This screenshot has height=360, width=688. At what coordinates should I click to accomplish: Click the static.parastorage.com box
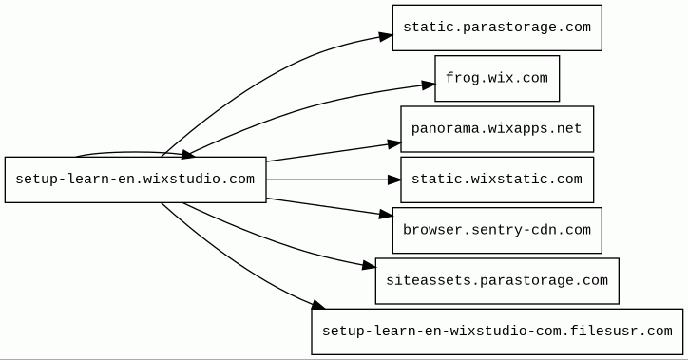[497, 28]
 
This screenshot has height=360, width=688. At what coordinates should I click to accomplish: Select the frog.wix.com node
[497, 79]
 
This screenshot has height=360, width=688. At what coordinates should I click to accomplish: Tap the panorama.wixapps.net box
[497, 129]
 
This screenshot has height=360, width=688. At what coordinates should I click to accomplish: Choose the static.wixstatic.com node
[497, 180]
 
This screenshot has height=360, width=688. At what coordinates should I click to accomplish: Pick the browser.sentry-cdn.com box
[497, 230]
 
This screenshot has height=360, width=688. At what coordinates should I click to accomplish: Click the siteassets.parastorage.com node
[497, 281]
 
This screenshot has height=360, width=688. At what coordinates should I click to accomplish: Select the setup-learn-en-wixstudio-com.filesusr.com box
[497, 332]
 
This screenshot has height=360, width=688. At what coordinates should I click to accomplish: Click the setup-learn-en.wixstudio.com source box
[136, 180]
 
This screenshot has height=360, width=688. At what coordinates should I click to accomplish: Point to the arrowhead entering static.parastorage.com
[386, 36]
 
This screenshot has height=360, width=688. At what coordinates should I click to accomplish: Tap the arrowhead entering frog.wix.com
[429, 85]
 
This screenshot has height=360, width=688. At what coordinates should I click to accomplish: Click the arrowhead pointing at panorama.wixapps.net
[394, 143]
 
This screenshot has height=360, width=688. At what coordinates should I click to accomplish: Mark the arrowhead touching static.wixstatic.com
[394, 180]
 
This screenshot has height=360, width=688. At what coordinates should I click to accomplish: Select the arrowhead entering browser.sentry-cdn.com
[386, 215]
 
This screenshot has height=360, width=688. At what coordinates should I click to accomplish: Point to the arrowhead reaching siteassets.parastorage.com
[369, 265]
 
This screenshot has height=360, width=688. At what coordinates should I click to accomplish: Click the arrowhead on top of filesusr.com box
[318, 305]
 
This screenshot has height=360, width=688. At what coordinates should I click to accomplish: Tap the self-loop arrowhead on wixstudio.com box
[188, 155]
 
